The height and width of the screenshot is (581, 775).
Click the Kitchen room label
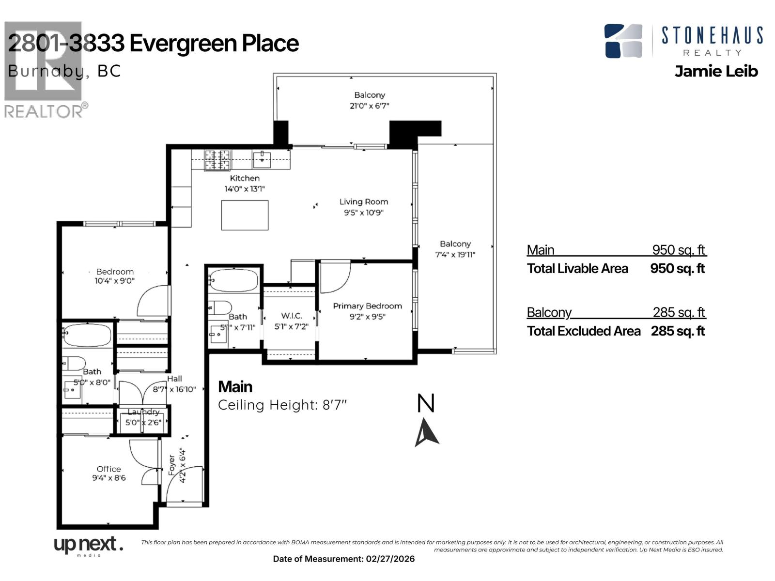pos(245,178)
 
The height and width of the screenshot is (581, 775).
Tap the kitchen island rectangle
pos(245,215)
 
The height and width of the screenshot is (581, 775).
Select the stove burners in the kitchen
pos(217,160)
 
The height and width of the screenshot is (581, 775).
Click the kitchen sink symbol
pos(262,157)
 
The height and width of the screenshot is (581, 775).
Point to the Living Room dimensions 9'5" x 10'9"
pos(363,213)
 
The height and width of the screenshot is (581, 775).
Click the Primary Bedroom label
pos(367,306)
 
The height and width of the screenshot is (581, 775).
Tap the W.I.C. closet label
pos(291,316)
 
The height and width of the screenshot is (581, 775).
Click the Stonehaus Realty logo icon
pos(623,41)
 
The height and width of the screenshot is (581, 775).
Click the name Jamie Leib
pos(716,71)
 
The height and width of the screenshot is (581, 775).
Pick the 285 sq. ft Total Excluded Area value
pos(678,331)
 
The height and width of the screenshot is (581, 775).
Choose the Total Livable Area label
pos(577,269)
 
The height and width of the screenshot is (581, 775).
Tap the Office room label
pos(108,469)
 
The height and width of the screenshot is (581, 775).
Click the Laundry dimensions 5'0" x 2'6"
pos(143,422)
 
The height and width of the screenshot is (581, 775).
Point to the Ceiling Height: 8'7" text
pos(282,405)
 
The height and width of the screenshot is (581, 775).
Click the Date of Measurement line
pos(344,559)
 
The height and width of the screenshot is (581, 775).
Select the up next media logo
pos(88,546)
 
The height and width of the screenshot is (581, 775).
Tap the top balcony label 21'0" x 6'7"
pos(370,106)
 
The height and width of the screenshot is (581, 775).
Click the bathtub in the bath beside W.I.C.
pos(233,280)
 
